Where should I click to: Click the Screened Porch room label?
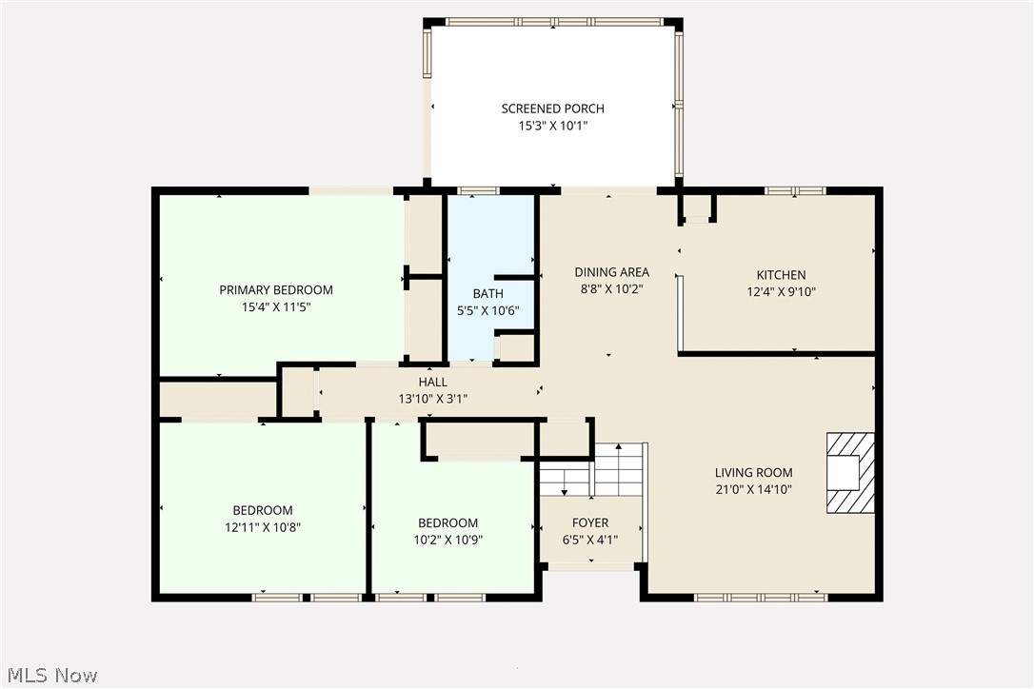pos(552,108)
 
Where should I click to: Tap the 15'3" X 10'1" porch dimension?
pos(552,126)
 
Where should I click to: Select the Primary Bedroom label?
pos(276,290)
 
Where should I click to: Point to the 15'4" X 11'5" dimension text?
pos(276,307)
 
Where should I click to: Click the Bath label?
pos(488,293)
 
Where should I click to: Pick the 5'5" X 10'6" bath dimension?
pos(488,310)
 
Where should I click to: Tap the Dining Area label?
pos(611,272)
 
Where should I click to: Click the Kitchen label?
pos(781,275)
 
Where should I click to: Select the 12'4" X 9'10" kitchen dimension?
pos(781,293)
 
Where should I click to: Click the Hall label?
pos(432,382)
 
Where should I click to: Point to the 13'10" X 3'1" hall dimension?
pos(432,399)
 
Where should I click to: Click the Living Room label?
pos(753,472)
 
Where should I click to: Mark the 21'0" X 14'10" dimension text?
pos(753,489)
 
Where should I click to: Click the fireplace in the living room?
pos(849,473)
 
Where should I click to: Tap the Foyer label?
pos(590,522)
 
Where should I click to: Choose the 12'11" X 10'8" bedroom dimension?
pos(263,526)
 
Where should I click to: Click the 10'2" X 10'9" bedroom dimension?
pos(447,540)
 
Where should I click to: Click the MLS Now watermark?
pos(50,676)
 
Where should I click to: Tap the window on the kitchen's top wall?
pos(795,190)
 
